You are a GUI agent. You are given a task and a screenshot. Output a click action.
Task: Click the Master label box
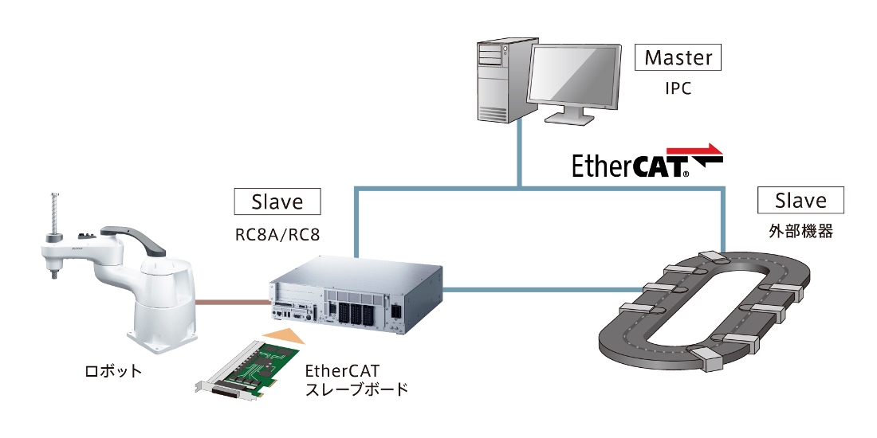678,57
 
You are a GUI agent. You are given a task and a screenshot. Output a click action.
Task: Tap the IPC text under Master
678,88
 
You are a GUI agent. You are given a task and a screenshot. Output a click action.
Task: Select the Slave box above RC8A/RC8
277,201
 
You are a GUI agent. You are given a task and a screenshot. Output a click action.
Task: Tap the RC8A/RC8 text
277,234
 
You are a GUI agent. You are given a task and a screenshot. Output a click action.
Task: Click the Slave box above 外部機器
800,200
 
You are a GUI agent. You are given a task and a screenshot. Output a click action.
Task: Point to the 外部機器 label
801,233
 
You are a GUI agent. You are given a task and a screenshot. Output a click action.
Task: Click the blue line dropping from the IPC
520,155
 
